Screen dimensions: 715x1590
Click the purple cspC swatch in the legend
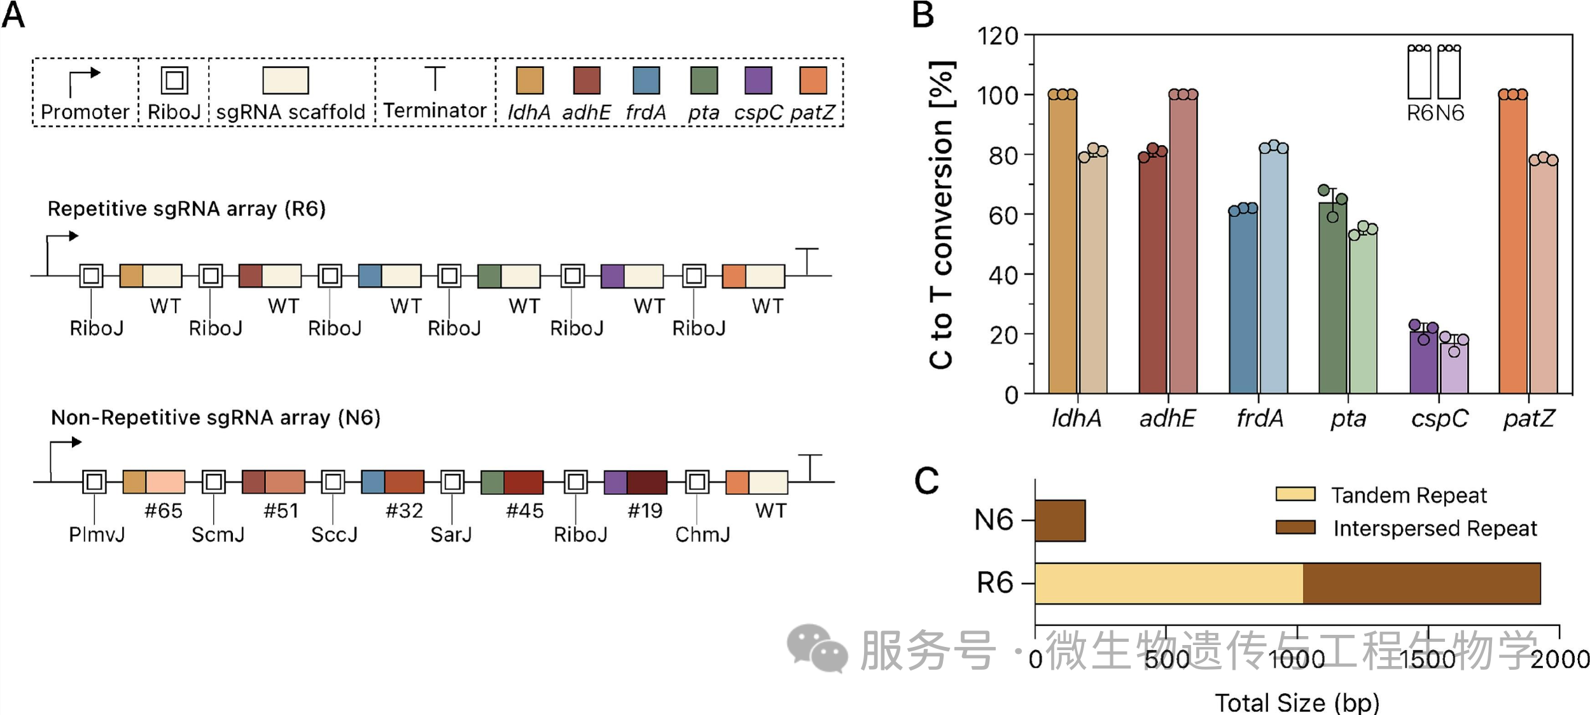(x=758, y=81)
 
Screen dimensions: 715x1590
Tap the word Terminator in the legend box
(x=435, y=111)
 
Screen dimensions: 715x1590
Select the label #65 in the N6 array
(x=164, y=511)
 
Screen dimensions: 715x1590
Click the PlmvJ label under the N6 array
(x=97, y=534)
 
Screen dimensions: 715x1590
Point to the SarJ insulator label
(x=451, y=534)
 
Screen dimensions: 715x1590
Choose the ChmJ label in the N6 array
(x=702, y=534)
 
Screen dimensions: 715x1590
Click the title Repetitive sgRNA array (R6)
(x=186, y=209)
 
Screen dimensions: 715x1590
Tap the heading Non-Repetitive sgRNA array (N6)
(x=216, y=418)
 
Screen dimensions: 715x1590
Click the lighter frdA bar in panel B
(x=1273, y=270)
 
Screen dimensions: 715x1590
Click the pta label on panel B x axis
(x=1348, y=419)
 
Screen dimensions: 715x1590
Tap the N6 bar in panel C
(x=1060, y=521)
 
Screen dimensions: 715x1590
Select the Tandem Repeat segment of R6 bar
(x=1169, y=583)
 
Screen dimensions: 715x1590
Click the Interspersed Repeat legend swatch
(x=1295, y=527)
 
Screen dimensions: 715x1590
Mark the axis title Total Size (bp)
(x=1297, y=703)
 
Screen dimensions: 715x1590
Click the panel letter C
(x=926, y=481)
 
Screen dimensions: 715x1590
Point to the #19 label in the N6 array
(x=645, y=511)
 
